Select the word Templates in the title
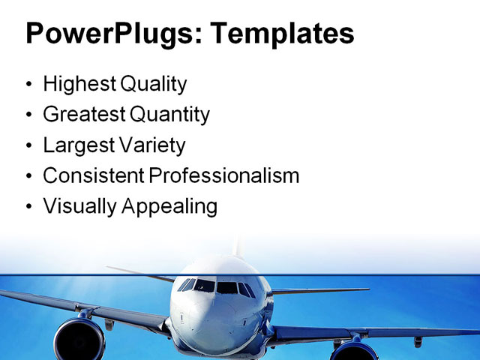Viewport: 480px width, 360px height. tap(282, 34)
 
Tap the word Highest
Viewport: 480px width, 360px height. tap(76, 85)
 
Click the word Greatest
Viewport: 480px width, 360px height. tap(83, 115)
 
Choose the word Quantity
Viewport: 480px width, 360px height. tap(170, 115)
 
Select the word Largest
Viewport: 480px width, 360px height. tap(76, 145)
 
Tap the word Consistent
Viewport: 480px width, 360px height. tap(93, 175)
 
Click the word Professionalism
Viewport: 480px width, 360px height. tap(223, 175)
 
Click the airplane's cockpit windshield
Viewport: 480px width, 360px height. tap(216, 286)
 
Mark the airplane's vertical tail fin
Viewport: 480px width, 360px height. tap(239, 247)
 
